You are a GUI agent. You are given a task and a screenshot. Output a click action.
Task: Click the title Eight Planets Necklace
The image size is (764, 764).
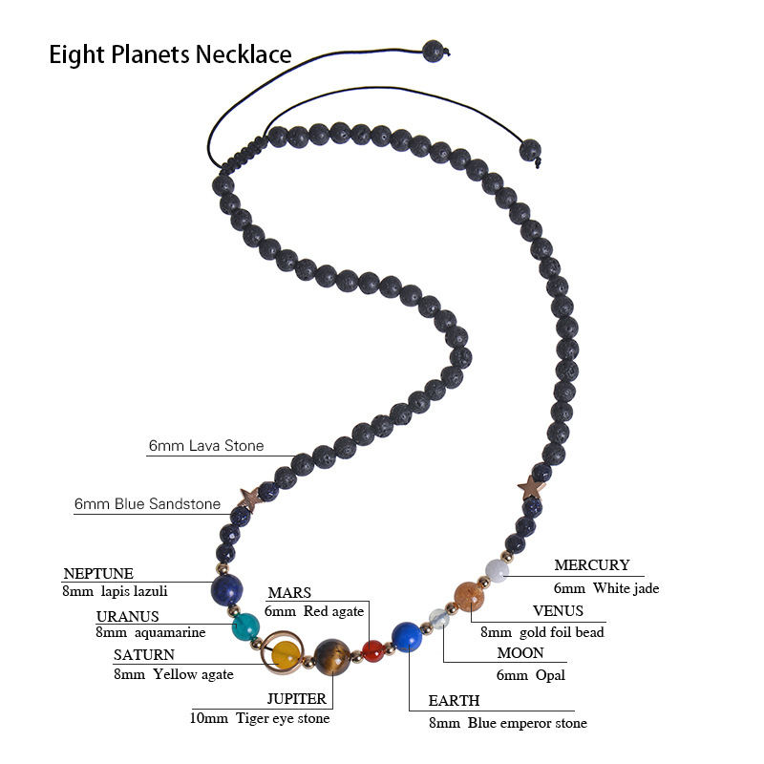170,54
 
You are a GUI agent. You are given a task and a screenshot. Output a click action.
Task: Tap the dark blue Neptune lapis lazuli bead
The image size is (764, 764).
227,589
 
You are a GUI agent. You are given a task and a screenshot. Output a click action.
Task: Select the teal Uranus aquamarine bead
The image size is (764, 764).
246,627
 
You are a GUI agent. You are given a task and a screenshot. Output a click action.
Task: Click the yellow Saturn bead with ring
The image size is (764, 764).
286,655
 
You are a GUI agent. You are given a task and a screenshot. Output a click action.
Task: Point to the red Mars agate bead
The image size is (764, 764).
372,651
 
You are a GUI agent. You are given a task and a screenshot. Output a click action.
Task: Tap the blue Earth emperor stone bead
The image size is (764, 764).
407,636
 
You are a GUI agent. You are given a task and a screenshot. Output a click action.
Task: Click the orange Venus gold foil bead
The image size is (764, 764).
468,596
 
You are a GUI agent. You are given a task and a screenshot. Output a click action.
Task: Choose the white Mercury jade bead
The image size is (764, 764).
496,571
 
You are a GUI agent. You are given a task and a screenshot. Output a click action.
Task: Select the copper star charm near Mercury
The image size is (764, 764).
531,488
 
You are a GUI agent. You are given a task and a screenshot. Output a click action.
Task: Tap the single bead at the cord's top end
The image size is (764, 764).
434,51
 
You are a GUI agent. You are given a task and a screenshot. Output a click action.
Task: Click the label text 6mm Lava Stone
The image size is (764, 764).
206,446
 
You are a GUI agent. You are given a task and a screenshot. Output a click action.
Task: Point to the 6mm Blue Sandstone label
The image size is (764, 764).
147,504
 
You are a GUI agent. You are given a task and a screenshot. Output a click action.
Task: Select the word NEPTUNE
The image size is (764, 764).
98,574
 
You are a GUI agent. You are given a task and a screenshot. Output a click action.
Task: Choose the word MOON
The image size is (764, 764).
520,653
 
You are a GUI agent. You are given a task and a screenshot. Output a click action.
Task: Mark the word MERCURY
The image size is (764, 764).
592,565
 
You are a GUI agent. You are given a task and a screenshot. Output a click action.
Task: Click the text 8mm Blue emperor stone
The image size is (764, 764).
507,723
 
